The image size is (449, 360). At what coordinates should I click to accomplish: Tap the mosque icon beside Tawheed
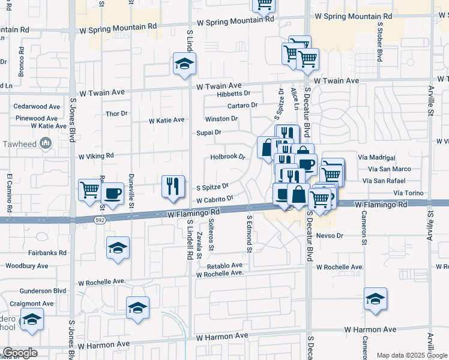tap(46, 143)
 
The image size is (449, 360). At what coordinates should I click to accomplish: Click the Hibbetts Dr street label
tap(234, 94)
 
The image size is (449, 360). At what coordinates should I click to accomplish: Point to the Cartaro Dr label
tap(243, 105)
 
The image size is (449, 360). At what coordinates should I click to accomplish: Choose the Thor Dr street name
tap(116, 113)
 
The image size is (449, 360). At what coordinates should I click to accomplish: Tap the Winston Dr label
tap(221, 119)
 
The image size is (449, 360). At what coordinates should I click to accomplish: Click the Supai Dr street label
tap(209, 132)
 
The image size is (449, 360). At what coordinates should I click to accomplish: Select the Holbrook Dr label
tap(228, 157)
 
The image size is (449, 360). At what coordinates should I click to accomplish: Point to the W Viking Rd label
tap(96, 156)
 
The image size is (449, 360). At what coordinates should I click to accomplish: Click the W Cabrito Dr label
tap(214, 199)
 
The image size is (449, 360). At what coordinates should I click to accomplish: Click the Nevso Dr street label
tap(330, 236)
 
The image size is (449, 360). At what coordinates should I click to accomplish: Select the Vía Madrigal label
tap(376, 158)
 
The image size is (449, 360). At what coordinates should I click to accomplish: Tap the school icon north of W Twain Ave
tap(184, 64)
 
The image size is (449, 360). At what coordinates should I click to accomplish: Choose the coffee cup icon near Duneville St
tap(112, 193)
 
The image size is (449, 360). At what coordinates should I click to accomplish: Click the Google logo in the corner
tap(20, 353)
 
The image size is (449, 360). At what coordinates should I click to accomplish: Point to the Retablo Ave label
tap(224, 265)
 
